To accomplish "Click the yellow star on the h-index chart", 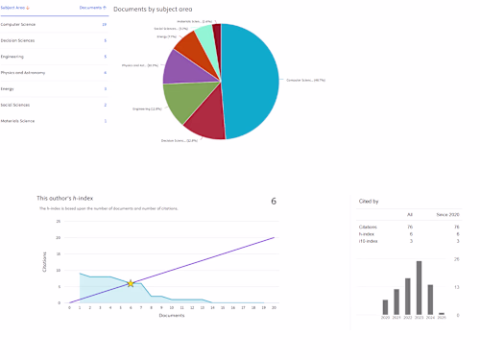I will click(131, 283).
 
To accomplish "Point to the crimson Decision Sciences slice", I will click(204, 122).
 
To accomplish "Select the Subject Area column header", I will click(14, 9).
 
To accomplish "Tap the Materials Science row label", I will click(18, 121).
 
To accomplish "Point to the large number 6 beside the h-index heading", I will click(274, 201).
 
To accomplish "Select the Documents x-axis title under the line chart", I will click(171, 315).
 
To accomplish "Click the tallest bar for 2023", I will click(419, 288).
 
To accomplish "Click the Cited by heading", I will click(368, 202).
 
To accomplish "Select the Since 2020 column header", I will click(448, 215).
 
